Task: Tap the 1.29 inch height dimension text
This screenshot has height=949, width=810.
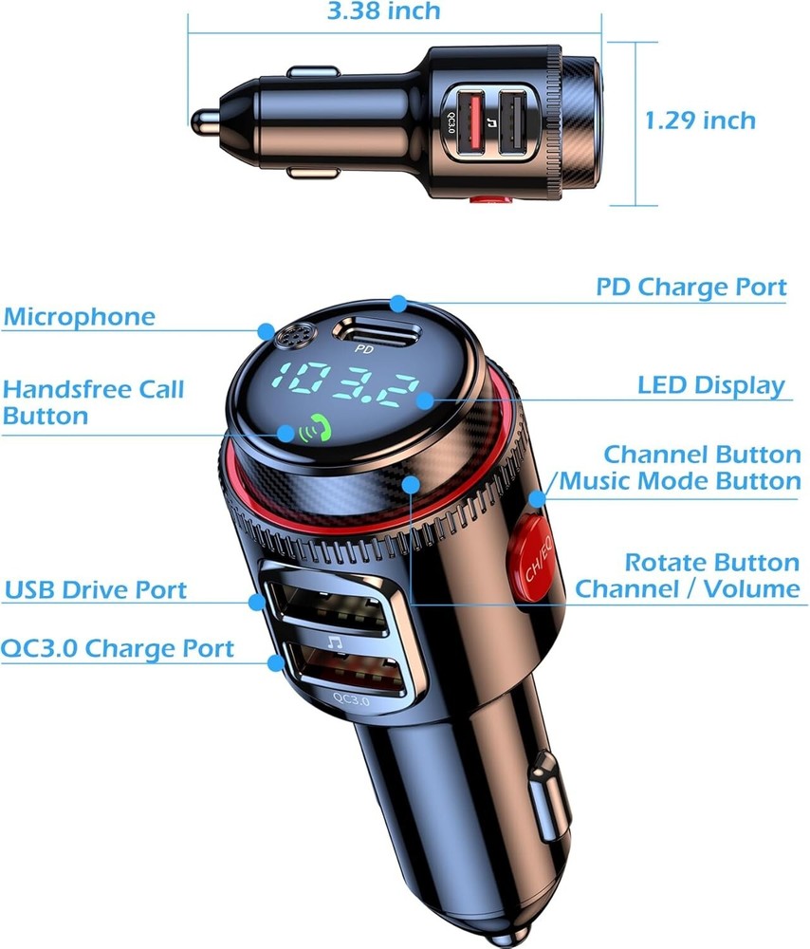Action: pos(701,121)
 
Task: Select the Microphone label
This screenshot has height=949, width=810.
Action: pos(79,317)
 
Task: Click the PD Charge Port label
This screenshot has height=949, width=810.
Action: pos(691,287)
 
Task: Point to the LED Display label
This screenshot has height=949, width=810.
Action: pos(711,385)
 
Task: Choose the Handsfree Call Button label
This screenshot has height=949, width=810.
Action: pos(93,402)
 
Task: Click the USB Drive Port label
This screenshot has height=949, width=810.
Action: pos(95,589)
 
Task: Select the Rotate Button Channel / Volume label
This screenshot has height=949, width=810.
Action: pos(688,575)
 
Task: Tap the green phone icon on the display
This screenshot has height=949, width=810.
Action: pos(309,432)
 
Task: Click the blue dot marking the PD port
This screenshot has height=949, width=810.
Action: pos(398,304)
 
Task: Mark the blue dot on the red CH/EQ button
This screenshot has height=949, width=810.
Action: pos(538,498)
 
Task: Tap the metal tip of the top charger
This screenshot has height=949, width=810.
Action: pos(203,121)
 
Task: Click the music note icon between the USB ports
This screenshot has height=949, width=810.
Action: pos(333,642)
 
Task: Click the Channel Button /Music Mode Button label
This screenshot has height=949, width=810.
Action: pos(680,467)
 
